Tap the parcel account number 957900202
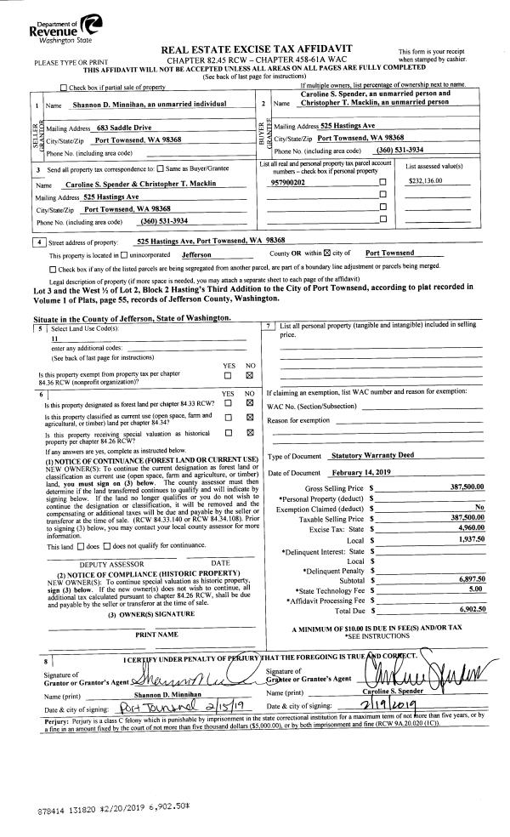(x=287, y=182)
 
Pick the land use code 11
(x=54, y=338)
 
